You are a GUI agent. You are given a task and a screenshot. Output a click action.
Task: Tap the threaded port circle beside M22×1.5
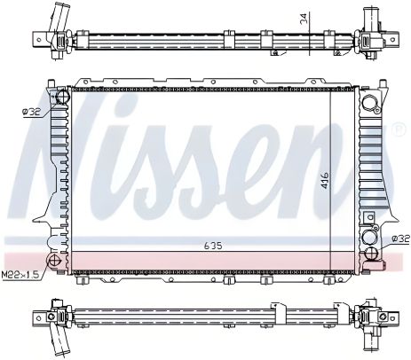pyautogui.click(x=54, y=261)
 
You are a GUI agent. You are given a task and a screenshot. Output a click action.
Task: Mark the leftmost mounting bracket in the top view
pyautogui.click(x=40, y=39)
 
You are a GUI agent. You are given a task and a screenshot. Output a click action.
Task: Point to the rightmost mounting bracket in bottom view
pyautogui.click(x=387, y=317)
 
